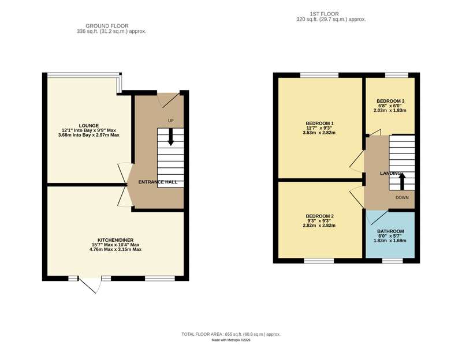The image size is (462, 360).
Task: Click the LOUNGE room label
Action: click(89, 126)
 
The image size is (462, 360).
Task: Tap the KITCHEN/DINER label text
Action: click(115, 240)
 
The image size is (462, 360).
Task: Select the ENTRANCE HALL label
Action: click(158, 182)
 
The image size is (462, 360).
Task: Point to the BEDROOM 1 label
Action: click(320, 123)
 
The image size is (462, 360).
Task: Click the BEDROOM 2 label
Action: click(320, 216)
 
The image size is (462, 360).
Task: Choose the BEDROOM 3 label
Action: click(390, 102)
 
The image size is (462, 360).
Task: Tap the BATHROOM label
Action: click(390, 231)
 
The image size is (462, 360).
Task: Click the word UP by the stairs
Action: click(171, 121)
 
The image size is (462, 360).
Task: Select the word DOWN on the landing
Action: click(402, 197)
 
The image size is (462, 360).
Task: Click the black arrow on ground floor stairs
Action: click(170, 137)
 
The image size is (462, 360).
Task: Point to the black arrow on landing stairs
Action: click(402, 181)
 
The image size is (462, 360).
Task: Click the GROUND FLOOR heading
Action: click(107, 26)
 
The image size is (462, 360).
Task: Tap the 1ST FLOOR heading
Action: click(324, 14)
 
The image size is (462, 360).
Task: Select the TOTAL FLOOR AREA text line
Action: click(231, 335)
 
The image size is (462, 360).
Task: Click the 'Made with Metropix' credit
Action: click(231, 340)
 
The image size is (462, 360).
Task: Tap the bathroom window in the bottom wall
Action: click(393, 261)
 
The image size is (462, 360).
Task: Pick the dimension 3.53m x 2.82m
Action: click(320, 133)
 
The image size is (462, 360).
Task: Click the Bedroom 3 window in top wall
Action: click(397, 75)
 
